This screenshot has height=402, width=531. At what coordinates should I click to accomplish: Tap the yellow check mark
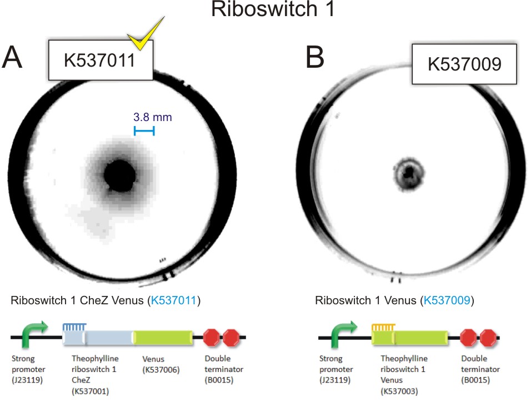point(145,34)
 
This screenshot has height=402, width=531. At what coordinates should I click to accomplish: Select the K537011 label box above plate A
point(100,59)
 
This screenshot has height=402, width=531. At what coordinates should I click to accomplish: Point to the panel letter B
point(314,57)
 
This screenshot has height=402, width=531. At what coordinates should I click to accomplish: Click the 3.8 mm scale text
point(152,117)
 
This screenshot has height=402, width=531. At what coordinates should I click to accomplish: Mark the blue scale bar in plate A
point(144,130)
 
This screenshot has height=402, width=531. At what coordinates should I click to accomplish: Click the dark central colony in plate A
point(119,175)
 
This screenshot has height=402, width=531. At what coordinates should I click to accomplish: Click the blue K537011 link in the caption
point(174,301)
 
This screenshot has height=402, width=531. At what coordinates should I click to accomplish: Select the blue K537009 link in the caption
point(447,301)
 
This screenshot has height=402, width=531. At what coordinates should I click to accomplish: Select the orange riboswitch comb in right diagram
point(383,329)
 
